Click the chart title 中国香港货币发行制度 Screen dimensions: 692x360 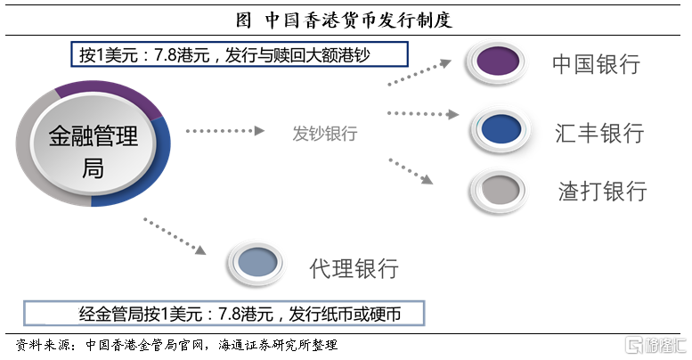pos(344,20)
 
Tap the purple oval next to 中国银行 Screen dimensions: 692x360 pos(497,61)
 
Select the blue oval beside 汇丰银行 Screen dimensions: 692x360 pos(501,129)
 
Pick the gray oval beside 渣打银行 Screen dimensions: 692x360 pos(499,191)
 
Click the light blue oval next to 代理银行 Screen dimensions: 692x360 pos(257,262)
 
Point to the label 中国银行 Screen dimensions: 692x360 pos(596,64)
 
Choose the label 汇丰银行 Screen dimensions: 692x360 pos(599,133)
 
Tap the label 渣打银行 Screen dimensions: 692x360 pos(602,192)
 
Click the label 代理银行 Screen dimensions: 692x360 pos(354,268)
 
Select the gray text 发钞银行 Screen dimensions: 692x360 pos(325,134)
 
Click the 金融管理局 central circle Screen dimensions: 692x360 pos(94,143)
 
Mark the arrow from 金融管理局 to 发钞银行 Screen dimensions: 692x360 pos(225,131)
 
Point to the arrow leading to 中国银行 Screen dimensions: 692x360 pos(419,72)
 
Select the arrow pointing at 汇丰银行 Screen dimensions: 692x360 pos(423,114)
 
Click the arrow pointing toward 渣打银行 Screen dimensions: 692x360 pos(411,171)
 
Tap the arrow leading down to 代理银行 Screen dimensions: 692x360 pos(175,236)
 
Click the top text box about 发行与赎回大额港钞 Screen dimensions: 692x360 pos(240,54)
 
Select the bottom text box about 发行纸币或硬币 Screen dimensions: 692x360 pos(224,314)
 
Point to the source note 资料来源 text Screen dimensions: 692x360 pos(176,345)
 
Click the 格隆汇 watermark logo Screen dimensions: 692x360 pos(655,345)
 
